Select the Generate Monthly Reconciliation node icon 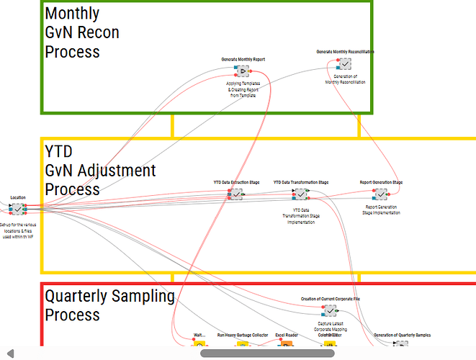(x=345, y=64)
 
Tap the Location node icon (x=17, y=209)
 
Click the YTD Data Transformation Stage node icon (x=300, y=194)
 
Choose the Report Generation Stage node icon (x=380, y=194)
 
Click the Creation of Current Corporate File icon (x=330, y=310)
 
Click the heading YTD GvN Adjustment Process (x=100, y=171)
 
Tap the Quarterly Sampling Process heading (x=109, y=305)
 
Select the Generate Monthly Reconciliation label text (x=345, y=52)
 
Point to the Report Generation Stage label (x=381, y=183)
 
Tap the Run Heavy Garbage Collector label (x=242, y=335)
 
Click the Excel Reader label (x=287, y=335)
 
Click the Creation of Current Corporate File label (x=330, y=299)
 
